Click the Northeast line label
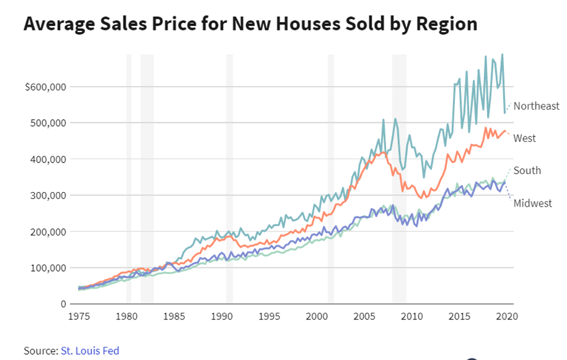[536, 106]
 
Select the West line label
[524, 138]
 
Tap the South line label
[527, 170]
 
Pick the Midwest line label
[532, 203]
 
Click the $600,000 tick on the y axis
[46, 87]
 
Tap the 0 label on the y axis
[63, 304]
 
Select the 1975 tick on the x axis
[78, 316]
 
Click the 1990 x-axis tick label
[221, 316]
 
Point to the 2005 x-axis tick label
[364, 316]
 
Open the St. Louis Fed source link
[90, 350]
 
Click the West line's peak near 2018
[486, 128]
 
